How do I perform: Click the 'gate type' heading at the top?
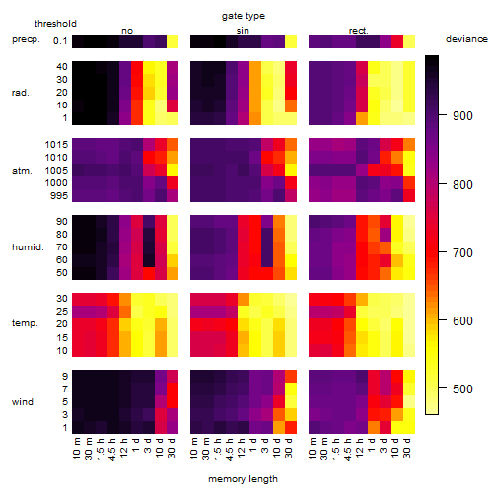(x=244, y=16)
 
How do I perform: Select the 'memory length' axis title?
(x=243, y=479)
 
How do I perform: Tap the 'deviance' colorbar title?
(x=466, y=39)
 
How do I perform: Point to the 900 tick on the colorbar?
(x=443, y=115)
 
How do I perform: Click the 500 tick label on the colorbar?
(x=462, y=389)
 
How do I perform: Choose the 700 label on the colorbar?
(x=462, y=253)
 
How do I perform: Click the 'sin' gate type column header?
(x=243, y=31)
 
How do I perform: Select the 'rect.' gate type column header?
(x=358, y=31)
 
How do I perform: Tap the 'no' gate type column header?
(x=127, y=31)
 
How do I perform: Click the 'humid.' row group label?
(x=28, y=247)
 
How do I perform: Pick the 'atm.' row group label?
(x=22, y=171)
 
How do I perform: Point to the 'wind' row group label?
(x=23, y=402)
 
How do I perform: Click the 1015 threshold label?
(x=56, y=145)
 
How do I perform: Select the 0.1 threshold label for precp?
(x=60, y=41)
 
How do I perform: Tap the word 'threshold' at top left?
(x=55, y=24)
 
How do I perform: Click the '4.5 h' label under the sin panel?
(x=230, y=450)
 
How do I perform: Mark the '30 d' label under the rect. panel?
(x=407, y=448)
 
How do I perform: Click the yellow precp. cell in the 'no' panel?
(x=173, y=41)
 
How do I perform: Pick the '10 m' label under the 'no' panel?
(x=76, y=449)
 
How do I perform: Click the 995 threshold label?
(x=59, y=196)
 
